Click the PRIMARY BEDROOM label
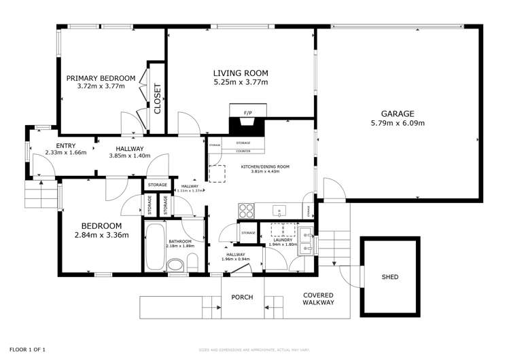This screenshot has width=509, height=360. [x=101, y=78]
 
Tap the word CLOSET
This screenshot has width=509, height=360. [x=158, y=98]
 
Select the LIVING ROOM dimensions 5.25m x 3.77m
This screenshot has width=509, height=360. [x=241, y=82]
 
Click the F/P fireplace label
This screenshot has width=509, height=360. [x=247, y=111]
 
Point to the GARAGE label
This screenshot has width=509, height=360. [x=398, y=114]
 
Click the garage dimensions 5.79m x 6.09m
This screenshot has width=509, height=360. [x=398, y=123]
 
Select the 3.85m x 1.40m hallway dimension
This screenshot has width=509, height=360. [x=129, y=156]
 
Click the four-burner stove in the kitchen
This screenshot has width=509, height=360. [x=246, y=210]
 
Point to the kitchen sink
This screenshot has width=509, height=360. [x=279, y=210]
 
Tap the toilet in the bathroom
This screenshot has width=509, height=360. [x=192, y=262]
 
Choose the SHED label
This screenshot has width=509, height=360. [x=390, y=277]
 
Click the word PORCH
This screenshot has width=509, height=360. [x=243, y=297]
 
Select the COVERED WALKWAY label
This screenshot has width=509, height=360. [x=318, y=299]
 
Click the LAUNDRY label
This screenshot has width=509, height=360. [x=283, y=240]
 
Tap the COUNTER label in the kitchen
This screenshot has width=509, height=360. [x=243, y=151]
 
